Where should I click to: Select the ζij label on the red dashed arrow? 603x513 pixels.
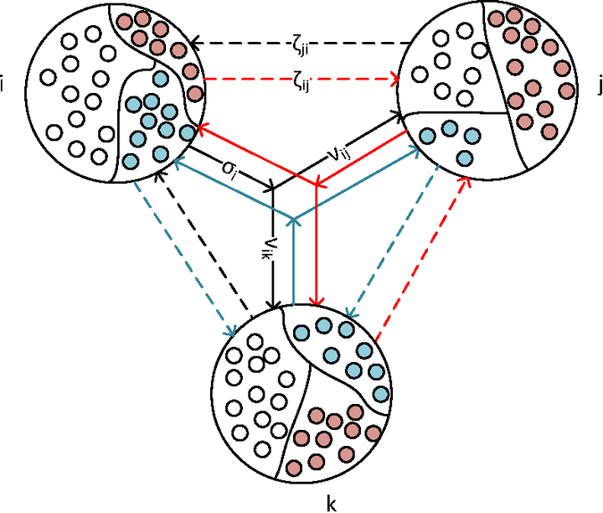[x=299, y=82]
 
